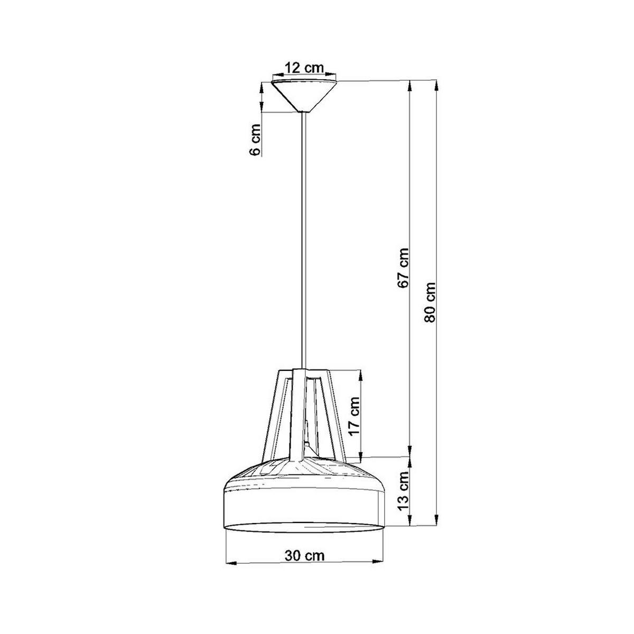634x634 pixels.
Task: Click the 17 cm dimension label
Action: [x=355, y=416]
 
